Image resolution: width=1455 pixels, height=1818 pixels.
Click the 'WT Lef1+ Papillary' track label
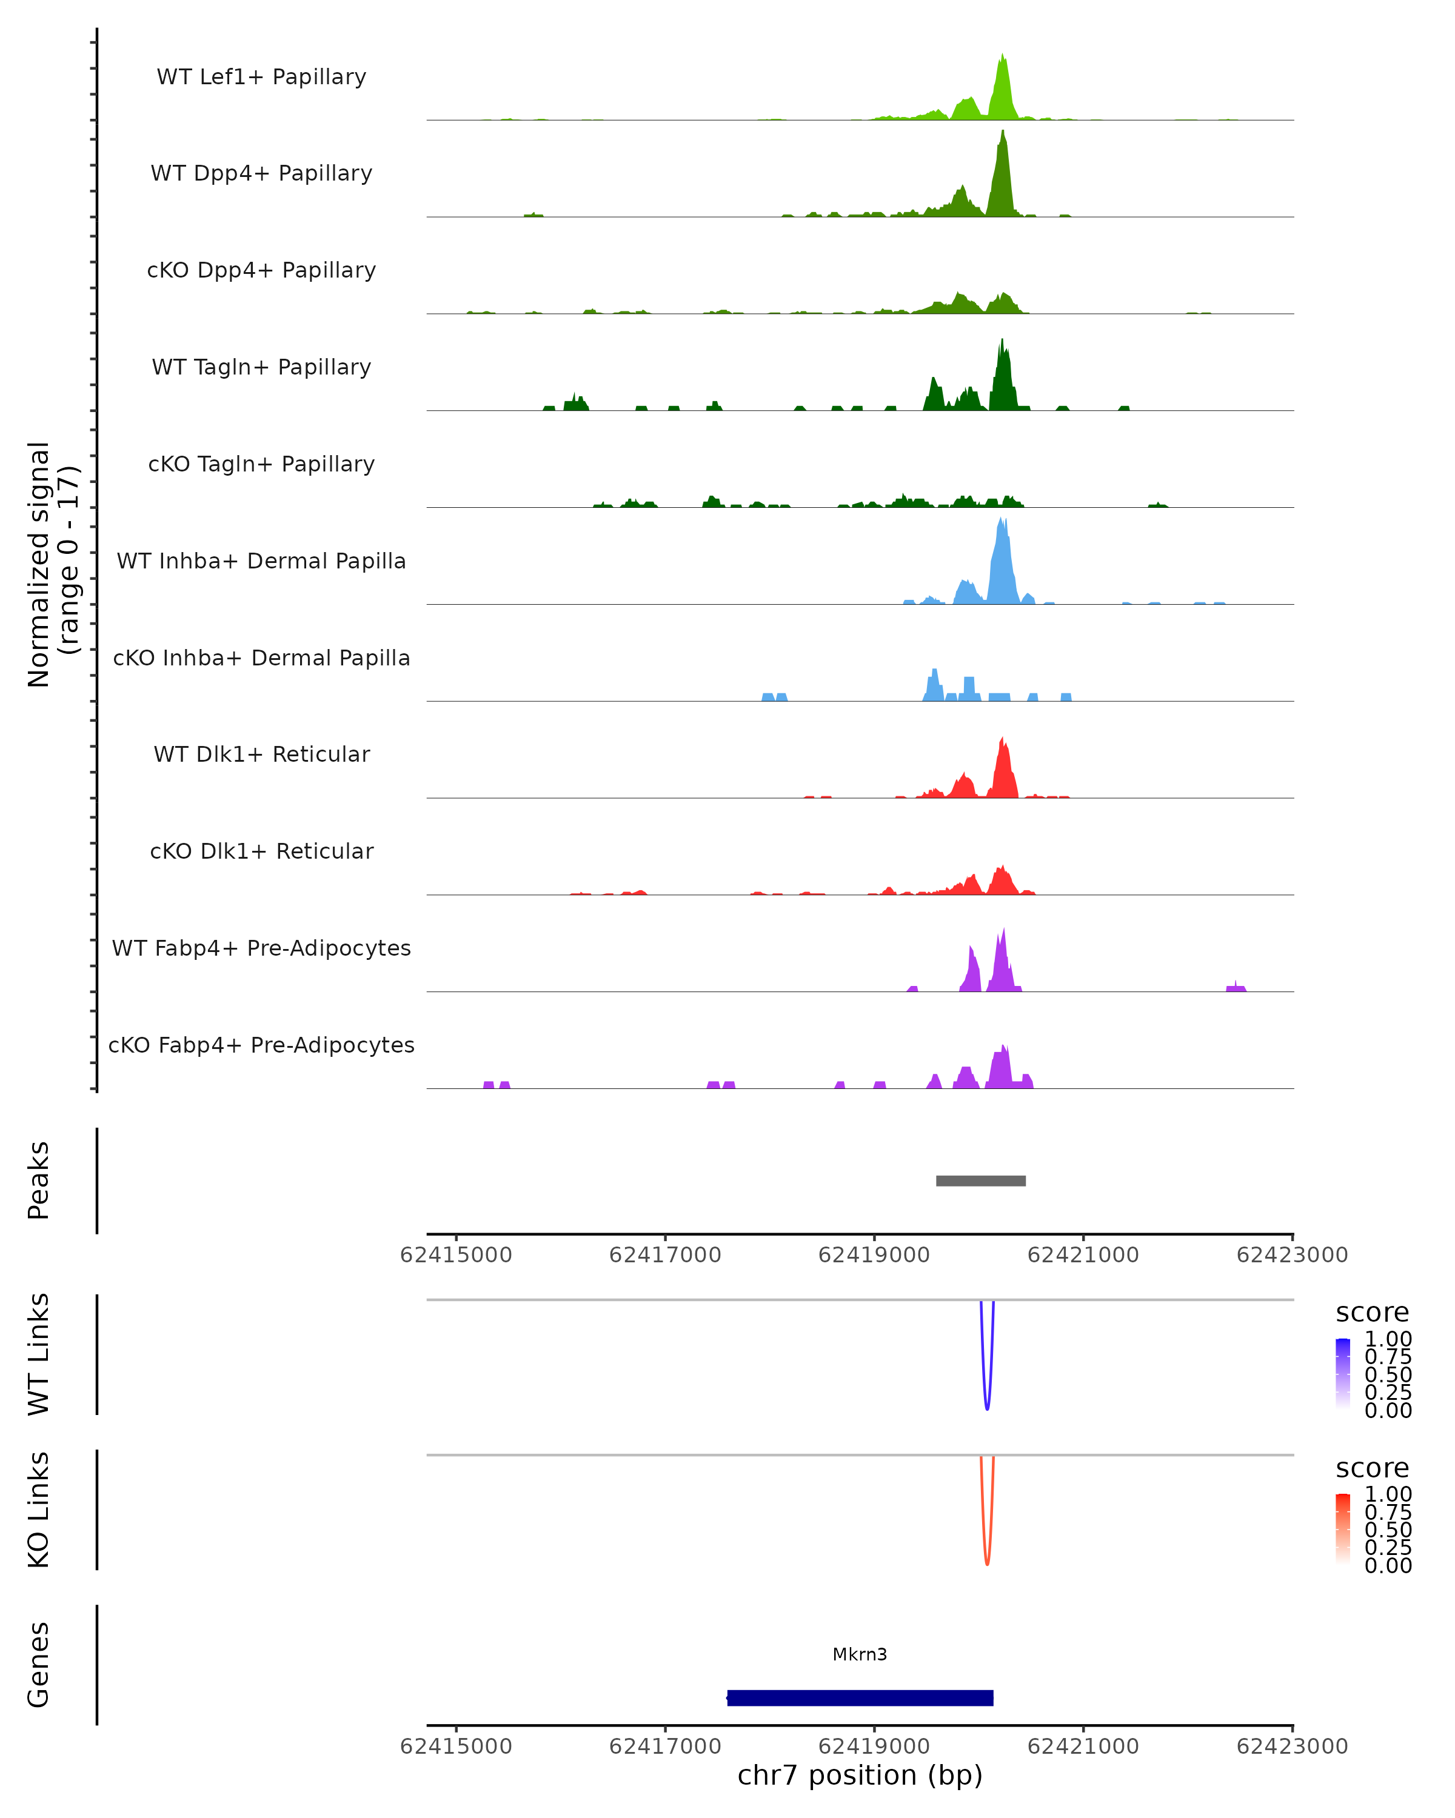point(261,77)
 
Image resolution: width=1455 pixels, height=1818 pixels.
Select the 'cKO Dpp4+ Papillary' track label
point(261,270)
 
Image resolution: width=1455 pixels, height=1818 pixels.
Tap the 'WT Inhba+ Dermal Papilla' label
point(261,561)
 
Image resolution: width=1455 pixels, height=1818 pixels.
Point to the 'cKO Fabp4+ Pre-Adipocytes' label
point(261,1045)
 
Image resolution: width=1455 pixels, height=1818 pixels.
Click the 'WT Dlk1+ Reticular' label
point(261,754)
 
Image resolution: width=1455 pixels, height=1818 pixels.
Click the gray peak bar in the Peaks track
point(980,1180)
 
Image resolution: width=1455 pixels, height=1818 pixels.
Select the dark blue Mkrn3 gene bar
point(860,1697)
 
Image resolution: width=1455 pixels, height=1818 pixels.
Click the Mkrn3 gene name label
point(860,1654)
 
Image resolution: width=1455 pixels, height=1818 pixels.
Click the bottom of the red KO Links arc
point(987,1563)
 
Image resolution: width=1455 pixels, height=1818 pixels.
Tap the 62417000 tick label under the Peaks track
point(664,1255)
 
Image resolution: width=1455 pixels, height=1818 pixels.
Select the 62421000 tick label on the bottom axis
point(1083,1746)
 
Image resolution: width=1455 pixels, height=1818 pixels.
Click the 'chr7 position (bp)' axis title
point(860,1775)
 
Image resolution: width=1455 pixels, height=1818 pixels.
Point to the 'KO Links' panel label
point(39,1510)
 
